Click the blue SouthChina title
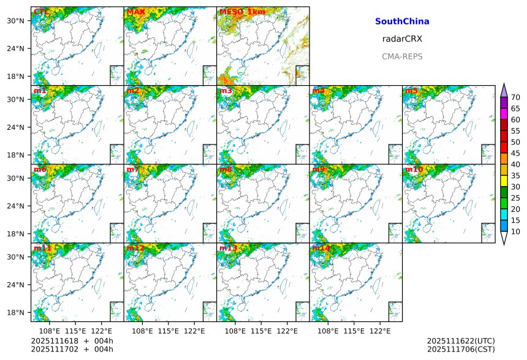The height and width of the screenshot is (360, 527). point(402,21)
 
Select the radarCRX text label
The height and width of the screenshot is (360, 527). point(402,39)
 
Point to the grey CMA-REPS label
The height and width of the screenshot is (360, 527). point(402,56)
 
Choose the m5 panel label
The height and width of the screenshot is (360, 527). point(411,91)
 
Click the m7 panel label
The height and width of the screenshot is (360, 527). point(133,170)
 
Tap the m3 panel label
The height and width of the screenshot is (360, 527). point(226,91)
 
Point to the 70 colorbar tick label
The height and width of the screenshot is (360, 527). point(516,97)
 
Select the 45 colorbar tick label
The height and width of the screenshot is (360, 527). point(516,153)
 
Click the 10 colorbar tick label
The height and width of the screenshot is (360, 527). point(516,231)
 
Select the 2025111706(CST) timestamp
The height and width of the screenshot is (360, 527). point(461,350)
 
